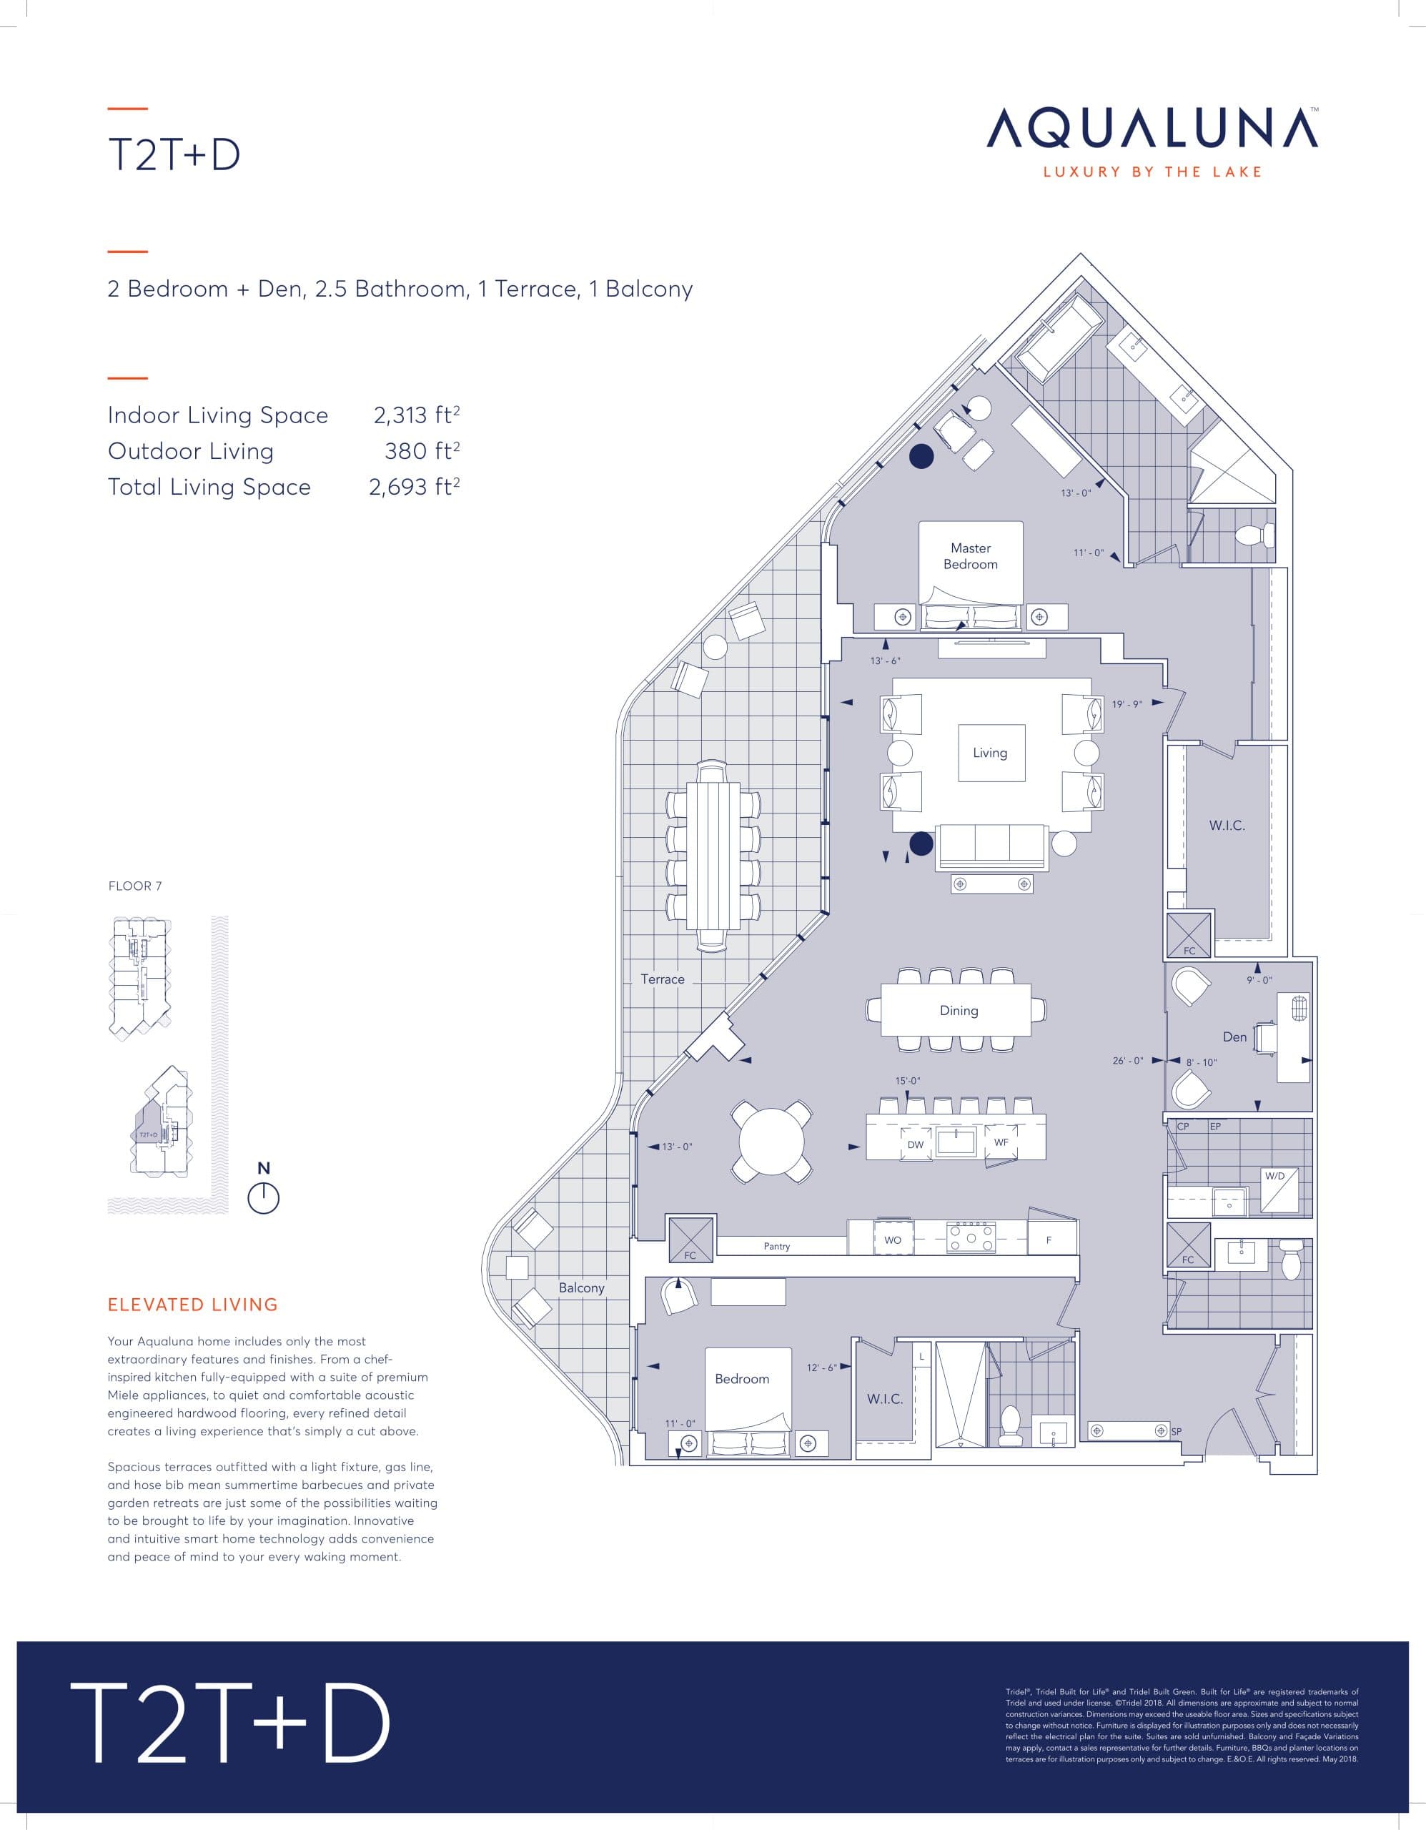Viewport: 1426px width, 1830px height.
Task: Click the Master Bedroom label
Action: [970, 556]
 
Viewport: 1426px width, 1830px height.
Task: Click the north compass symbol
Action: [263, 1198]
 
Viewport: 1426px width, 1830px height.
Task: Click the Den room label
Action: [1234, 1037]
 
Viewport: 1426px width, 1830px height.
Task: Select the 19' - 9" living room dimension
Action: [1127, 705]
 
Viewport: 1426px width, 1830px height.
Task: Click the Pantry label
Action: [777, 1247]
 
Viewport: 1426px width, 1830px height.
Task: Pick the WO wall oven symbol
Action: [892, 1240]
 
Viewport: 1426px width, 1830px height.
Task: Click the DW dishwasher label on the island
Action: [915, 1144]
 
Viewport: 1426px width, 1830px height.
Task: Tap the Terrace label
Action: [662, 979]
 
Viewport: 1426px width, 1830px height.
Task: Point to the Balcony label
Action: [581, 1288]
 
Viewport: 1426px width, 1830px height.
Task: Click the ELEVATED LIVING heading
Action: [193, 1305]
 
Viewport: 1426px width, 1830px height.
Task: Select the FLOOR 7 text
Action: [135, 886]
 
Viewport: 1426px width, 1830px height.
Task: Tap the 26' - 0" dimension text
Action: [1127, 1061]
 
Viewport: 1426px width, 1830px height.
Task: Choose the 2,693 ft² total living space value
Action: [414, 487]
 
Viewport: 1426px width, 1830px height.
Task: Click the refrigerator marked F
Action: [1049, 1240]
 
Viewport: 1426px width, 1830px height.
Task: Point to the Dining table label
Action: [959, 1011]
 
